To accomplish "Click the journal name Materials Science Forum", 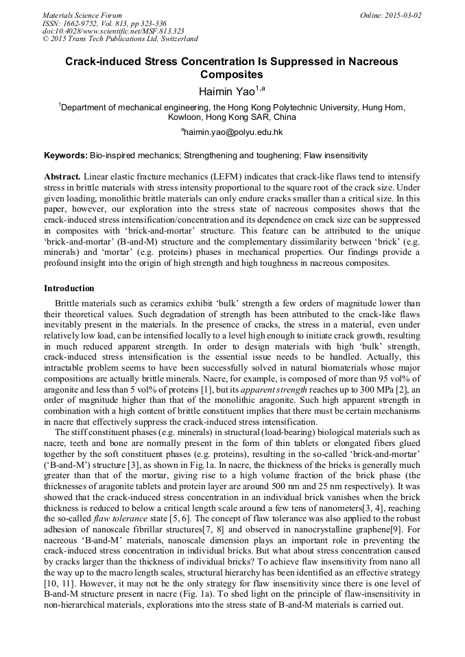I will click(82, 14).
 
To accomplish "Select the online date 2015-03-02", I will click(398, 14).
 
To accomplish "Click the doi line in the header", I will click(112, 31).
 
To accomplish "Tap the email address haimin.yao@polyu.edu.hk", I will click(233, 132).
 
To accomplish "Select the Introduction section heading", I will click(69, 288).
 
